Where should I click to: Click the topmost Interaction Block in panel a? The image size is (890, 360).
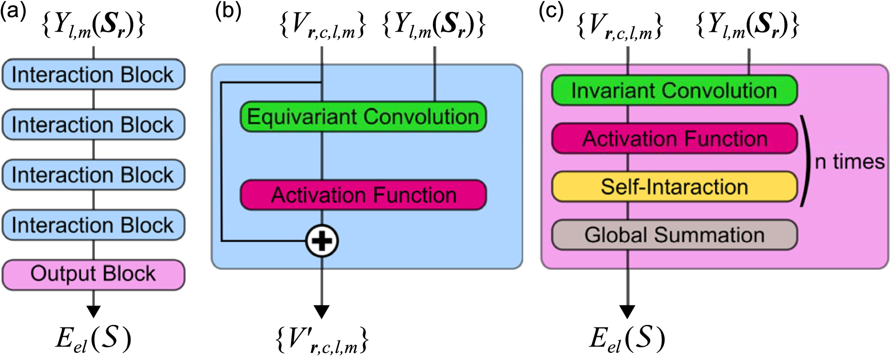point(93,75)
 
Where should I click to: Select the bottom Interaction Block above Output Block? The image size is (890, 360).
point(93,225)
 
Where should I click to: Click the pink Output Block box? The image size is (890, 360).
point(93,274)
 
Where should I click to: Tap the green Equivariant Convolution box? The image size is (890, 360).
point(363,117)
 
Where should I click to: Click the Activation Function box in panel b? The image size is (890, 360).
point(363,195)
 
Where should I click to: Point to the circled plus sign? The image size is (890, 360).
point(322,241)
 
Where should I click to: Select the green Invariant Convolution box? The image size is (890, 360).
point(674,91)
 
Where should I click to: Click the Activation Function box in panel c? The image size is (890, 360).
point(674,139)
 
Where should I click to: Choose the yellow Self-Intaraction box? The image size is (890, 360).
point(674,187)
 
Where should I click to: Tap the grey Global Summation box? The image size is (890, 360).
point(674,235)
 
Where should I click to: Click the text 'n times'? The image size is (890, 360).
point(849,162)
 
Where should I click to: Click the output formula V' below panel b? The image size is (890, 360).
point(322,340)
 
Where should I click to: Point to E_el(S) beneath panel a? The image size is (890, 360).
point(93,339)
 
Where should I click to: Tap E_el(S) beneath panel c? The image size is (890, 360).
point(627,339)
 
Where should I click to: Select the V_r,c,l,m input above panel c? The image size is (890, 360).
point(620,26)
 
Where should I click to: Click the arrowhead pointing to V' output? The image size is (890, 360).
point(322,312)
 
